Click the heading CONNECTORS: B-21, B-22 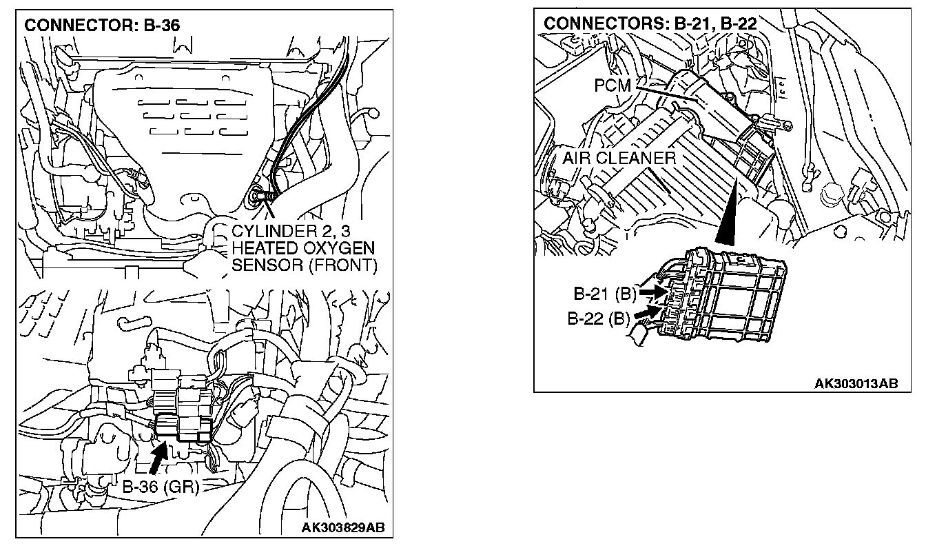pyautogui.click(x=650, y=23)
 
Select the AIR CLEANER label pyautogui.click(x=619, y=158)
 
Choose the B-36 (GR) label pyautogui.click(x=161, y=487)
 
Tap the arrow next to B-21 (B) pyautogui.click(x=650, y=292)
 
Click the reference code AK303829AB pyautogui.click(x=343, y=529)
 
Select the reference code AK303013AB pyautogui.click(x=856, y=383)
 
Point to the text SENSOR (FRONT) pyautogui.click(x=305, y=266)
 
